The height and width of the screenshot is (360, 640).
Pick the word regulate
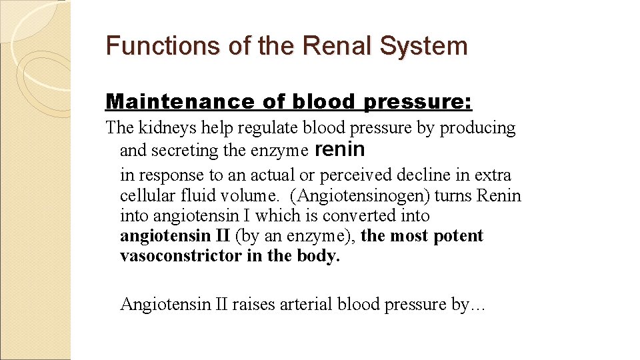276,128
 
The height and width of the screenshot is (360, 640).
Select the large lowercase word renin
339,149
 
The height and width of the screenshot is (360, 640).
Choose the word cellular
145,196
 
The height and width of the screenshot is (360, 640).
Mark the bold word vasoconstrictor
181,257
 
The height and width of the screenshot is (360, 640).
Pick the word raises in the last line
254,305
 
